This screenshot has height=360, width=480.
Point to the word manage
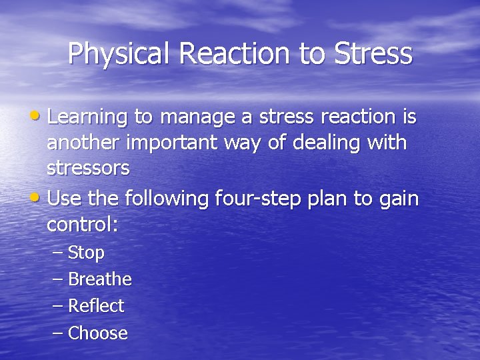tap(190, 118)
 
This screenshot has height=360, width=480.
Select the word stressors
tap(88, 168)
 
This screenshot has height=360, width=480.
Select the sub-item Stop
tap(86, 253)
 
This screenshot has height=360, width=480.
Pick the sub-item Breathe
tap(100, 279)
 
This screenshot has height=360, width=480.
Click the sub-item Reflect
tap(96, 306)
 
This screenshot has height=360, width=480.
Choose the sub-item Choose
tap(98, 333)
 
